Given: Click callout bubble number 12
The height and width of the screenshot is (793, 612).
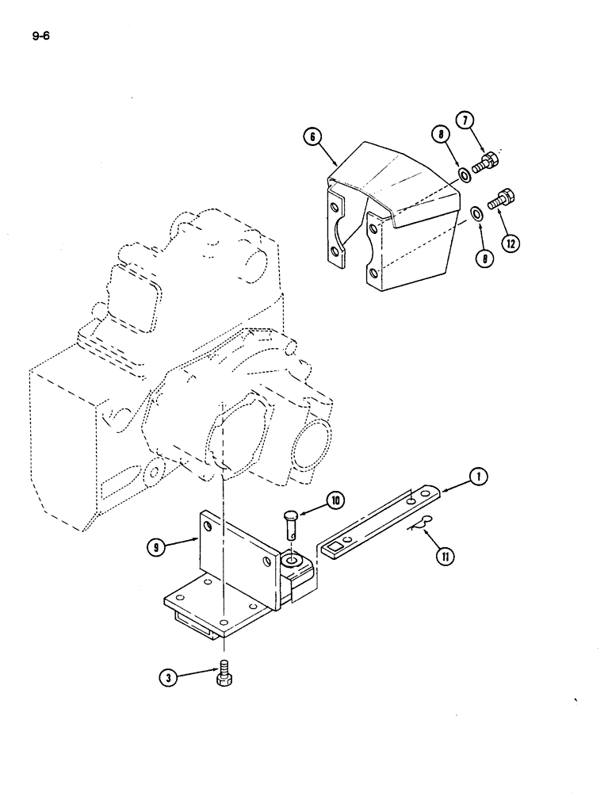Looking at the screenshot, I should pyautogui.click(x=510, y=243).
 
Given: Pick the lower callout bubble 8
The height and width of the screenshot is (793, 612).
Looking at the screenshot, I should pyautogui.click(x=486, y=258).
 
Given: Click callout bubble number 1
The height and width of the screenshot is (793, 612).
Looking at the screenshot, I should pyautogui.click(x=478, y=477).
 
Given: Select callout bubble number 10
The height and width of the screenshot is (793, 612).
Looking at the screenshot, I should pyautogui.click(x=336, y=500).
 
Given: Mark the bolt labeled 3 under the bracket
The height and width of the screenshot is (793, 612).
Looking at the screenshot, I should pyautogui.click(x=223, y=672).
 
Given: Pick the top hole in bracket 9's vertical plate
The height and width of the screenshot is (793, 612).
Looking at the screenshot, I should pyautogui.click(x=208, y=526).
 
